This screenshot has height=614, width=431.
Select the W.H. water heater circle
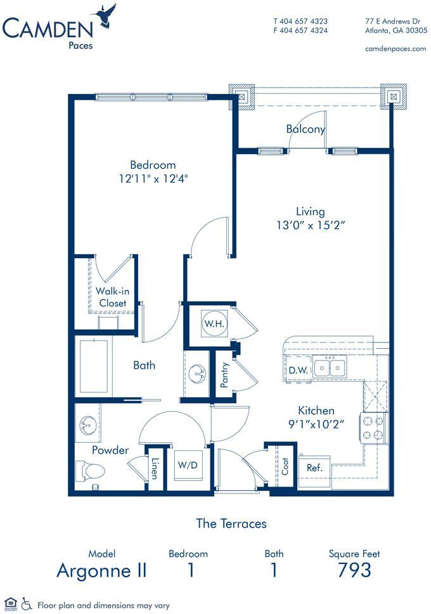214,323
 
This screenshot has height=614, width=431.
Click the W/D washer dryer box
188,465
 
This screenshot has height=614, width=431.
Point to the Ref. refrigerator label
314,467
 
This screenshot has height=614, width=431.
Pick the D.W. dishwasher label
298,370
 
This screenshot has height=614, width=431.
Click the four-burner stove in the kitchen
373,428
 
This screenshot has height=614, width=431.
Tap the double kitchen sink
330,367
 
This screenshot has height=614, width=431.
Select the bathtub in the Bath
94,366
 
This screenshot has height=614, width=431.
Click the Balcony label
306,129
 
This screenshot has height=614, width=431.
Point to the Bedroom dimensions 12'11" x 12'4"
153,179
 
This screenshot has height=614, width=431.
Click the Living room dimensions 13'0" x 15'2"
311,225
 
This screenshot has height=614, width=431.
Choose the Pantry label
224,375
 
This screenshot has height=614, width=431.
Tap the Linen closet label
155,468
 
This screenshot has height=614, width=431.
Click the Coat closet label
285,466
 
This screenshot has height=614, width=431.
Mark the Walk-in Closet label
113,297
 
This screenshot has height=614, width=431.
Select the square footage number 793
354,570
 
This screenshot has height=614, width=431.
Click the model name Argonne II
102,570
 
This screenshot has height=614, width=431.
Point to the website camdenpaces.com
396,49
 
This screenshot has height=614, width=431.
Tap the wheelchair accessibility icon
26,603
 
